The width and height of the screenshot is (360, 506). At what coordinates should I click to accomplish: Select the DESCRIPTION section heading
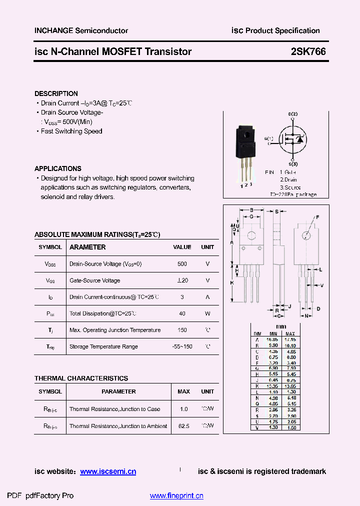click(x=56, y=93)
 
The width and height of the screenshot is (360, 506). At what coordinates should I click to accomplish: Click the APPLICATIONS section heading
click(x=57, y=168)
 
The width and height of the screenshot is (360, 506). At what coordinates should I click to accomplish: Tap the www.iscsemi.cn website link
click(x=108, y=471)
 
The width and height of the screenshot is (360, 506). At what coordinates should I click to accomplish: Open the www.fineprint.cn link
click(x=176, y=496)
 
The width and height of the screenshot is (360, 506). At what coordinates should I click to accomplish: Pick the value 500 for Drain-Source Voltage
click(x=182, y=264)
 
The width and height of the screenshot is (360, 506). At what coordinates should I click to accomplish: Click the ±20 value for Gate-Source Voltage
click(x=182, y=280)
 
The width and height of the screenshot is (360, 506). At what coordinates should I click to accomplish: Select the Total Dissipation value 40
click(x=182, y=313)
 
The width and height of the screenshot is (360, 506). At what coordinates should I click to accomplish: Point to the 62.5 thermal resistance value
click(x=183, y=426)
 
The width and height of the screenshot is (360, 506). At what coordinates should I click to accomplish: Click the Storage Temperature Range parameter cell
click(x=103, y=346)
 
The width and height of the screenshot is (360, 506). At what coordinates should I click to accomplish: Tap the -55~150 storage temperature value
click(x=182, y=346)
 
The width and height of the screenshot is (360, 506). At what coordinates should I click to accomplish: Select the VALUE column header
click(x=182, y=247)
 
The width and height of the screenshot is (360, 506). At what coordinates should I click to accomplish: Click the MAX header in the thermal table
click(x=183, y=391)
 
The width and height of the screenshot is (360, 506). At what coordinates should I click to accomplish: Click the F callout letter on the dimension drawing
click(x=316, y=217)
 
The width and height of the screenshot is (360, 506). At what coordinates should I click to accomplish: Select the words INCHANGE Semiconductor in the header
click(x=81, y=30)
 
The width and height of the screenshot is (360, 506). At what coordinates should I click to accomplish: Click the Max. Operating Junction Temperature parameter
click(x=115, y=330)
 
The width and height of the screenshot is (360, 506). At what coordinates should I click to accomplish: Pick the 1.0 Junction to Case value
click(x=183, y=409)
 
